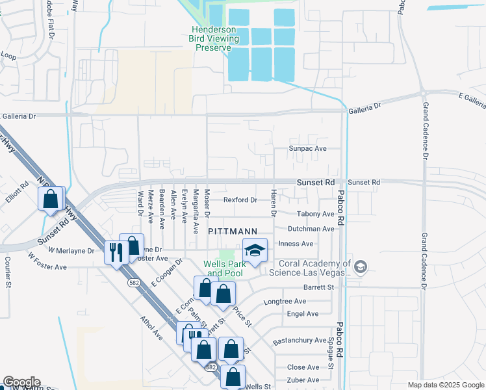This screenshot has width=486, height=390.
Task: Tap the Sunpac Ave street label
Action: click(x=307, y=149)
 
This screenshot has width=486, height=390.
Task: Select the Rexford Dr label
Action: click(x=240, y=200)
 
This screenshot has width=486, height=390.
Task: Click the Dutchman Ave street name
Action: click(x=311, y=229)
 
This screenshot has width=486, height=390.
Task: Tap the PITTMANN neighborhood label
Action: click(x=233, y=231)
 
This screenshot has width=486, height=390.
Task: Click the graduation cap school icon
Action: click(x=255, y=250)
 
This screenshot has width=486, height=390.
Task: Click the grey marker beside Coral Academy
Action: click(x=361, y=266)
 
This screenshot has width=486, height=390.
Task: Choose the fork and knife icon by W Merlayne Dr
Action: click(x=116, y=252)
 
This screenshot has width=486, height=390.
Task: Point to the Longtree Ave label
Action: click(x=285, y=302)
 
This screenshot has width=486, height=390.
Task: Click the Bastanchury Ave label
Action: click(x=300, y=340)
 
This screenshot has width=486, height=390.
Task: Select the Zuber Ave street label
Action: click(x=303, y=380)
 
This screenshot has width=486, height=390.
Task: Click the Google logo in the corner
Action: click(x=21, y=382)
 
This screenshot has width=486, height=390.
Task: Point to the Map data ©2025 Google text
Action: click(x=445, y=385)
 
